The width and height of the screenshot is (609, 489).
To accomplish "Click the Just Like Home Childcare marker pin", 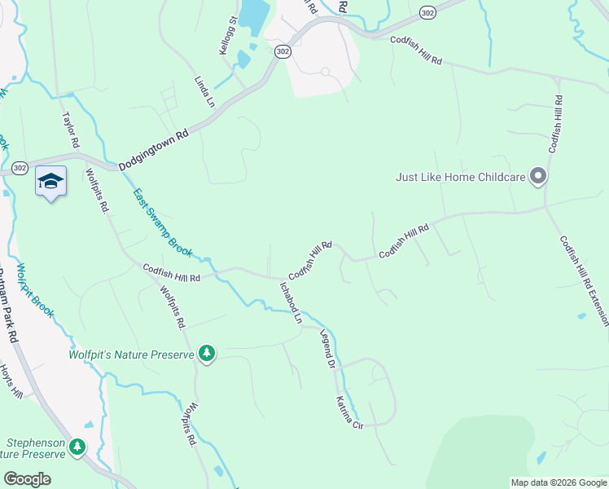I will (x=537, y=176).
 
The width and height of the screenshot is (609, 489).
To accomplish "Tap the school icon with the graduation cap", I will (x=50, y=183).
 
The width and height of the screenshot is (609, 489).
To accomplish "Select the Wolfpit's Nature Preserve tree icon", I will (x=208, y=354).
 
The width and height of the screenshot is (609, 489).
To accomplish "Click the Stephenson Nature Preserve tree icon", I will (x=77, y=447).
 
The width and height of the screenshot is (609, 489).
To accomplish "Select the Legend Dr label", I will (x=327, y=350).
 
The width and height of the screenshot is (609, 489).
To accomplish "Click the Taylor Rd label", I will (x=71, y=130).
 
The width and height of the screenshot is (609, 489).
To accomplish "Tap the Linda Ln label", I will (x=204, y=92).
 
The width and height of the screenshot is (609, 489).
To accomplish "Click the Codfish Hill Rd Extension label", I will (x=583, y=282).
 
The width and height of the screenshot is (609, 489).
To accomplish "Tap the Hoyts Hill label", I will (x=11, y=381).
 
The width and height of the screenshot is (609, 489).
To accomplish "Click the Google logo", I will (x=28, y=479).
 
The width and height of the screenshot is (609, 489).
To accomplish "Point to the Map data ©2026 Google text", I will (x=558, y=482).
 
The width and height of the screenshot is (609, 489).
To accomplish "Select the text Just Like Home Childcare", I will (x=459, y=176).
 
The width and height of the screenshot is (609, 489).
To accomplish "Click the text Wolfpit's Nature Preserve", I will (x=132, y=355).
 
